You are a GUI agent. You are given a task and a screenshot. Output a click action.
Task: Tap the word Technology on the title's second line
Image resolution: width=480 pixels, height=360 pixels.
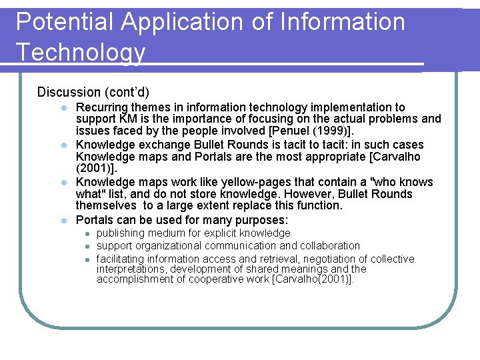pyautogui.click(x=81, y=51)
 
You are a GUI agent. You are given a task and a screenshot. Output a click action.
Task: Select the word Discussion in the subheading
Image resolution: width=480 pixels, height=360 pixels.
pyautogui.click(x=68, y=91)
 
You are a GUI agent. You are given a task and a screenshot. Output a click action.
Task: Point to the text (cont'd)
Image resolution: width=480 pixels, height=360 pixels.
pyautogui.click(x=126, y=91)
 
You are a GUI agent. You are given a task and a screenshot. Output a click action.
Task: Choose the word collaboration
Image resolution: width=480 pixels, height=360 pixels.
pyautogui.click(x=329, y=246)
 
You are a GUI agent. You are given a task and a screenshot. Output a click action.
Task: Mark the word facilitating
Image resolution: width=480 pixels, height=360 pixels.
pyautogui.click(x=122, y=259)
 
